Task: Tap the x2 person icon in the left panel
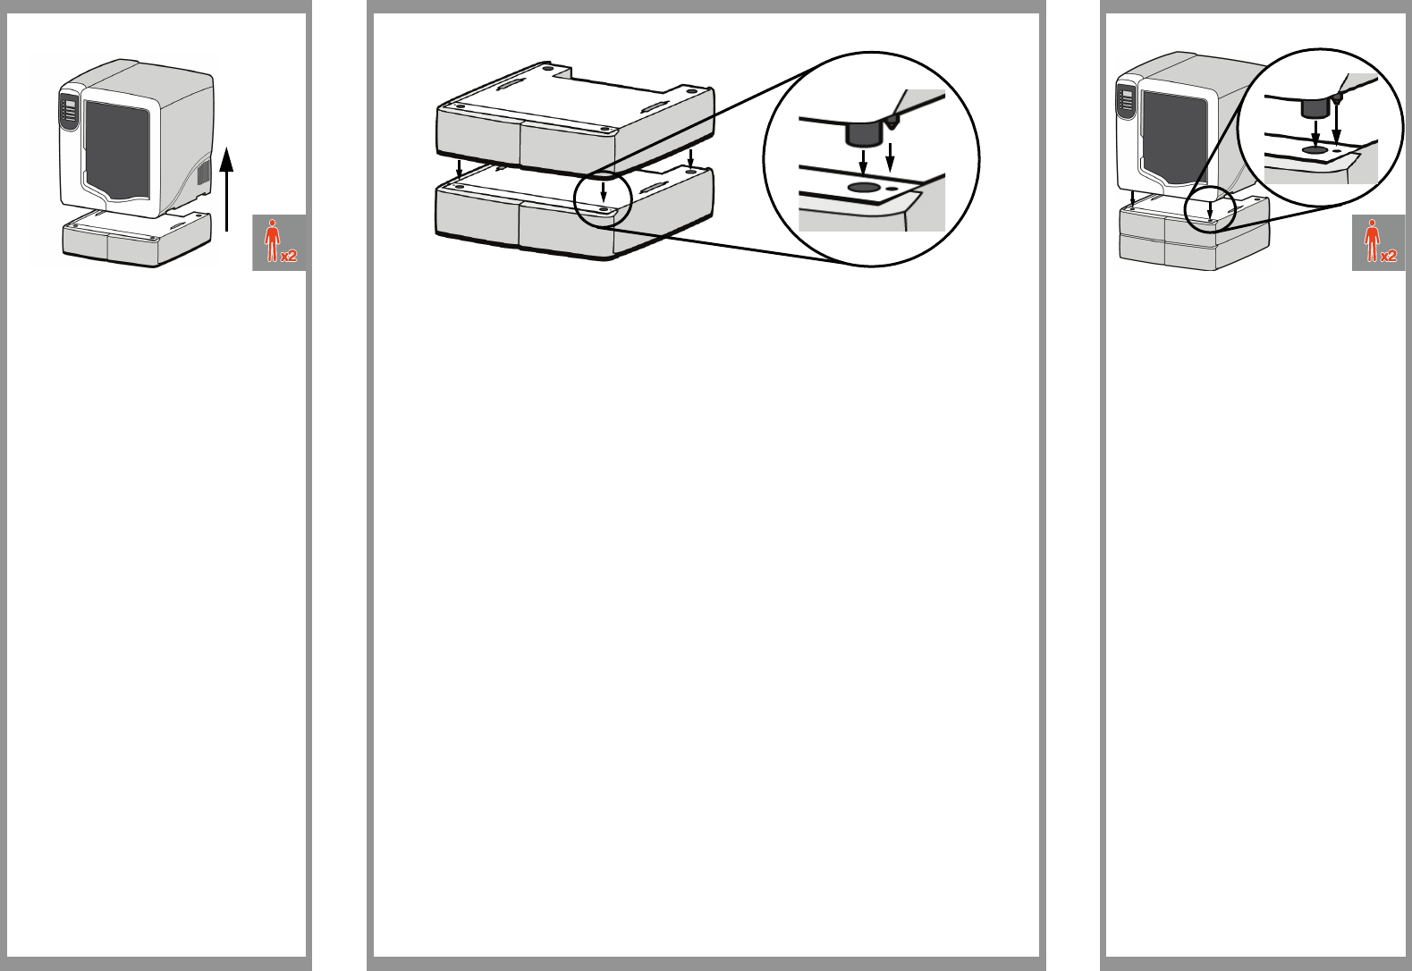(279, 242)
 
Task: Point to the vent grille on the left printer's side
(203, 176)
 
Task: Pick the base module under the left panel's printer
(136, 239)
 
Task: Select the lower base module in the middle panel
(572, 215)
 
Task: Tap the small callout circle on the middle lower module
(604, 199)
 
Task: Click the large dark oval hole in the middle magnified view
(863, 188)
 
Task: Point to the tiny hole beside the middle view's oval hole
(892, 189)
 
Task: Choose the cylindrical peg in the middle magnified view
(862, 134)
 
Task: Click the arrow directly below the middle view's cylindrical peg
(863, 164)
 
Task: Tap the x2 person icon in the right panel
(1378, 242)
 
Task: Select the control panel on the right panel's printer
(1127, 101)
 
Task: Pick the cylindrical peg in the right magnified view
(1314, 109)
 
